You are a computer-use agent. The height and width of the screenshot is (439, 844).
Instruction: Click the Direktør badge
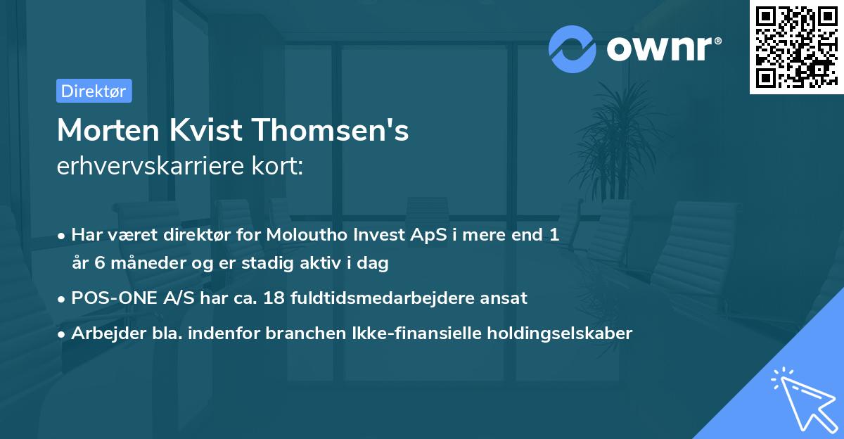(94, 91)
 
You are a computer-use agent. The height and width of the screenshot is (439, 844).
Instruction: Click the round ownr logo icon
(573, 49)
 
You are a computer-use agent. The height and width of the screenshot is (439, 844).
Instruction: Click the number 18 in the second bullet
(273, 298)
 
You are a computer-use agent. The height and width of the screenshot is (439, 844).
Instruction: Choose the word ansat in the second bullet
(503, 298)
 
